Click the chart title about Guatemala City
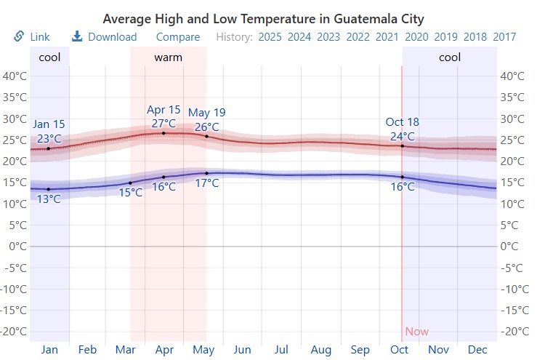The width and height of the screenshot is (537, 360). pos(263,18)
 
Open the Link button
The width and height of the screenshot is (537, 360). pos(31,37)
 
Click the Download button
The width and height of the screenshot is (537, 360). pos(104,37)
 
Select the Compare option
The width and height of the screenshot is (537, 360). pos(177,37)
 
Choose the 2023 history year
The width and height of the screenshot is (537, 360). pos(328,37)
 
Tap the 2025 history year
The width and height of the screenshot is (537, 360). pos(270,37)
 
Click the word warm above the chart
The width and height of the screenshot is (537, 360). pos(168,57)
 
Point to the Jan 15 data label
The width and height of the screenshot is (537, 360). pos(49,124)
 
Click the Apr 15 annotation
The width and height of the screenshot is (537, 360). pos(163,110)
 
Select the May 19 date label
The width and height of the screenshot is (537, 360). pos(206,113)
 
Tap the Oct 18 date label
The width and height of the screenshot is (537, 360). pos(403,122)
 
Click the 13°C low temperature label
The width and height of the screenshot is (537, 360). pos(49,199)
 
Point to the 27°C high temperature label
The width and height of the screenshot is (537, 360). pos(163,123)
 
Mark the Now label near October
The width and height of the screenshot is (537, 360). pos(417,332)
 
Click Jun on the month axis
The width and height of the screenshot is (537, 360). pos(242,350)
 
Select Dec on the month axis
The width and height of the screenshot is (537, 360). pos(477,350)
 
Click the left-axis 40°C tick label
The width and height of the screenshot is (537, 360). pos(15,76)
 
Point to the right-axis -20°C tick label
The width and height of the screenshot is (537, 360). pos(513,331)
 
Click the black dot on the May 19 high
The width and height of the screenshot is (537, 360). pos(206,136)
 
